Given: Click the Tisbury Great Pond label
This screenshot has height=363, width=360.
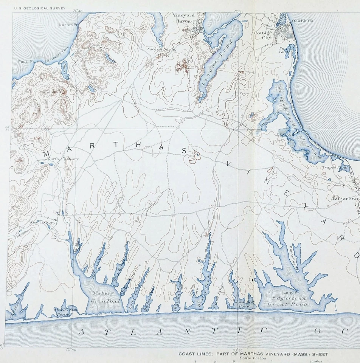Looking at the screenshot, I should click(x=106, y=297).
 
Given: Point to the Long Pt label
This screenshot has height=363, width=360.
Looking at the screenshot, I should click(x=289, y=292).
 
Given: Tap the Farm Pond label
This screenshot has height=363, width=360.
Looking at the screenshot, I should click(x=284, y=50).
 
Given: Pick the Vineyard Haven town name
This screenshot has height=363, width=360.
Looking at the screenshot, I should click(x=183, y=18).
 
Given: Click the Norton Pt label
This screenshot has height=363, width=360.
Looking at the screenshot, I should click(x=68, y=25).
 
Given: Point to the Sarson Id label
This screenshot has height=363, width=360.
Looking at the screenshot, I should click(x=286, y=135).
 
